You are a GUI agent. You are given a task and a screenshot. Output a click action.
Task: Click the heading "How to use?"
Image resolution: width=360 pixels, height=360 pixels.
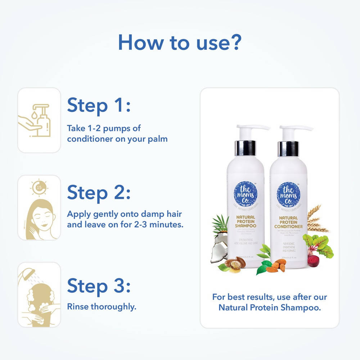click(179, 42)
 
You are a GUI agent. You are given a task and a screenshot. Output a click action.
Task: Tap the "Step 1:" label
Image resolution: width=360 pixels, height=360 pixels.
click(99, 105)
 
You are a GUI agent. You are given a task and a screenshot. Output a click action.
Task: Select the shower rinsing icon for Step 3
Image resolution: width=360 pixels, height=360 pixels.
click(39, 295)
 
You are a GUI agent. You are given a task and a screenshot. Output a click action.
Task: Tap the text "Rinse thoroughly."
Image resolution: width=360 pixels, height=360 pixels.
click(102, 307)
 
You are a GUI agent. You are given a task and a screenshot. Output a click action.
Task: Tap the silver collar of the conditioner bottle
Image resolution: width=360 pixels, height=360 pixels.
click(288, 148)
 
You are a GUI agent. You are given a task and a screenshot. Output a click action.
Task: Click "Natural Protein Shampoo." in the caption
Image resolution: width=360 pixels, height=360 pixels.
click(269, 308)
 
